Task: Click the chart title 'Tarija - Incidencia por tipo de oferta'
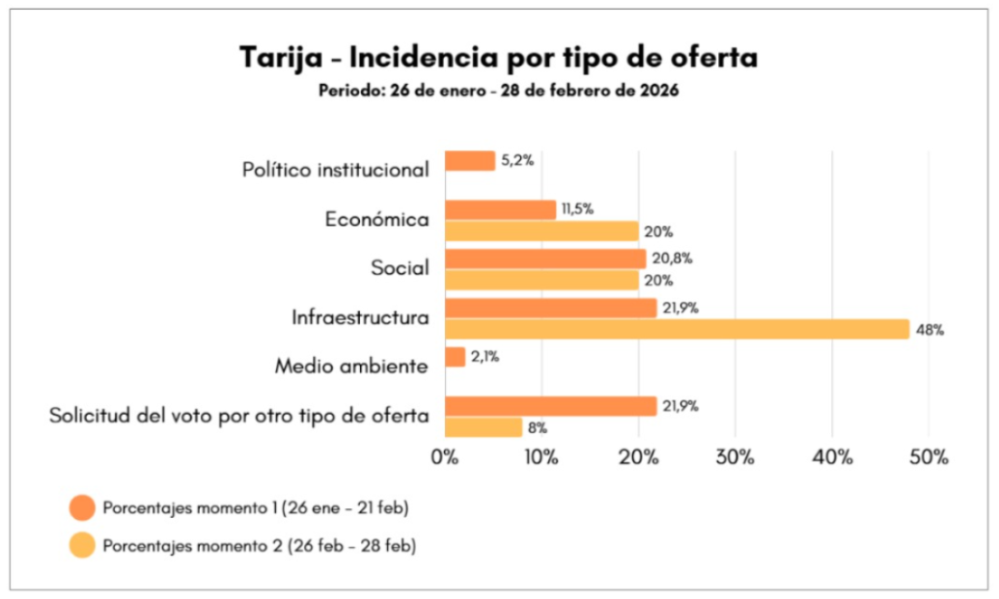coord(499,59)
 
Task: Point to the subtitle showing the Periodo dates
coord(499,91)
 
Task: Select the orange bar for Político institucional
coord(469,161)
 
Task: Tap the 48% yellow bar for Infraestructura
coord(676,329)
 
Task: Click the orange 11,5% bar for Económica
coord(499,209)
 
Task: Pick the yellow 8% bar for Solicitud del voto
coord(483,427)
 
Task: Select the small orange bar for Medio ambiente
coord(455,357)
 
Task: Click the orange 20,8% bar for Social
coord(544,259)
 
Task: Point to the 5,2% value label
coord(517,161)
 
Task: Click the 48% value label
coord(930,330)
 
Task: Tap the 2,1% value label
coord(485,357)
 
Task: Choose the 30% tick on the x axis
coord(735,457)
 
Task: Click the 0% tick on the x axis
coord(445,457)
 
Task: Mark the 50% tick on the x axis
coord(928,457)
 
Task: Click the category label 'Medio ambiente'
coord(351,367)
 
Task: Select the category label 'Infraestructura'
coord(360,318)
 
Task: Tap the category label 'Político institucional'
coord(336,170)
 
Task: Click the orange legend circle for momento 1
coord(82,508)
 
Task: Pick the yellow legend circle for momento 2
coord(82,544)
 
